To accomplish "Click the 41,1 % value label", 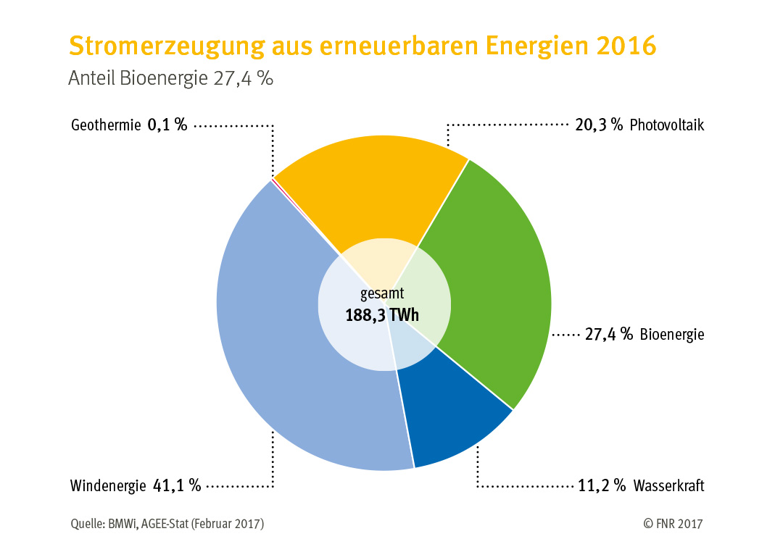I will [177, 485].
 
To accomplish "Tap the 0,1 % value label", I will [167, 125].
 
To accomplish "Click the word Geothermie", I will [105, 125].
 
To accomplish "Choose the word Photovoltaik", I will [667, 125].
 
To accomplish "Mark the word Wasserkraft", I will [668, 485].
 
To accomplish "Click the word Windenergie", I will [108, 485].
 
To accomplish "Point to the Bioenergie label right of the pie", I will [672, 335].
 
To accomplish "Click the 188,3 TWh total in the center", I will [382, 315].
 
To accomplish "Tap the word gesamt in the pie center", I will [382, 294].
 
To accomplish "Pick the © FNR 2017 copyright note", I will [673, 523].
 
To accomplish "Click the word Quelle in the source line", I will [86, 523].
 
